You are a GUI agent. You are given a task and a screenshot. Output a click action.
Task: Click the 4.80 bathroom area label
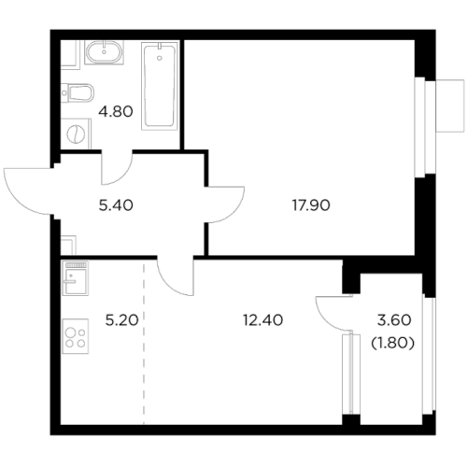coord(116,111)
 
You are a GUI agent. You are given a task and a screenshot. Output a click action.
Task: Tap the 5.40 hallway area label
coord(116,205)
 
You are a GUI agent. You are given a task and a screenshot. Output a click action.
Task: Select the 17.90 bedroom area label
coord(311,205)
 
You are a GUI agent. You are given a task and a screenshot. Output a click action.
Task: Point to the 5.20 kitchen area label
coord(121,320)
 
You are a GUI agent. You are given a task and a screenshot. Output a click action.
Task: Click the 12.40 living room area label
coord(263,320)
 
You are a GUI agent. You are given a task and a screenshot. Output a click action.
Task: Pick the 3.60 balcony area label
coord(394,320)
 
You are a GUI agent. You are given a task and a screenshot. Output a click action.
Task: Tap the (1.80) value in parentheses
coord(393,343)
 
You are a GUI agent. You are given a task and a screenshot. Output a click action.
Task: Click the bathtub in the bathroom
coord(160,86)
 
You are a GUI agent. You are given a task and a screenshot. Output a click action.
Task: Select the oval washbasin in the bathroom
coord(104,52)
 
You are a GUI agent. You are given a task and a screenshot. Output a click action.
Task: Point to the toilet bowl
coord(78,92)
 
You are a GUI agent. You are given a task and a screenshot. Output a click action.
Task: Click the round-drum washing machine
coord(76,134)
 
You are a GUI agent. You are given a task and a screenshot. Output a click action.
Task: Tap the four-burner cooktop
coord(76,336)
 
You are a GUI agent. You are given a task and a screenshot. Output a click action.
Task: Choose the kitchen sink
coord(76,278)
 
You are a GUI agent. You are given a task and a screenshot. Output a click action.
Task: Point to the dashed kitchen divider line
coord(144,312)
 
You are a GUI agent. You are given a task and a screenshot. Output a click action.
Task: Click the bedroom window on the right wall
coord(424,128)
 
